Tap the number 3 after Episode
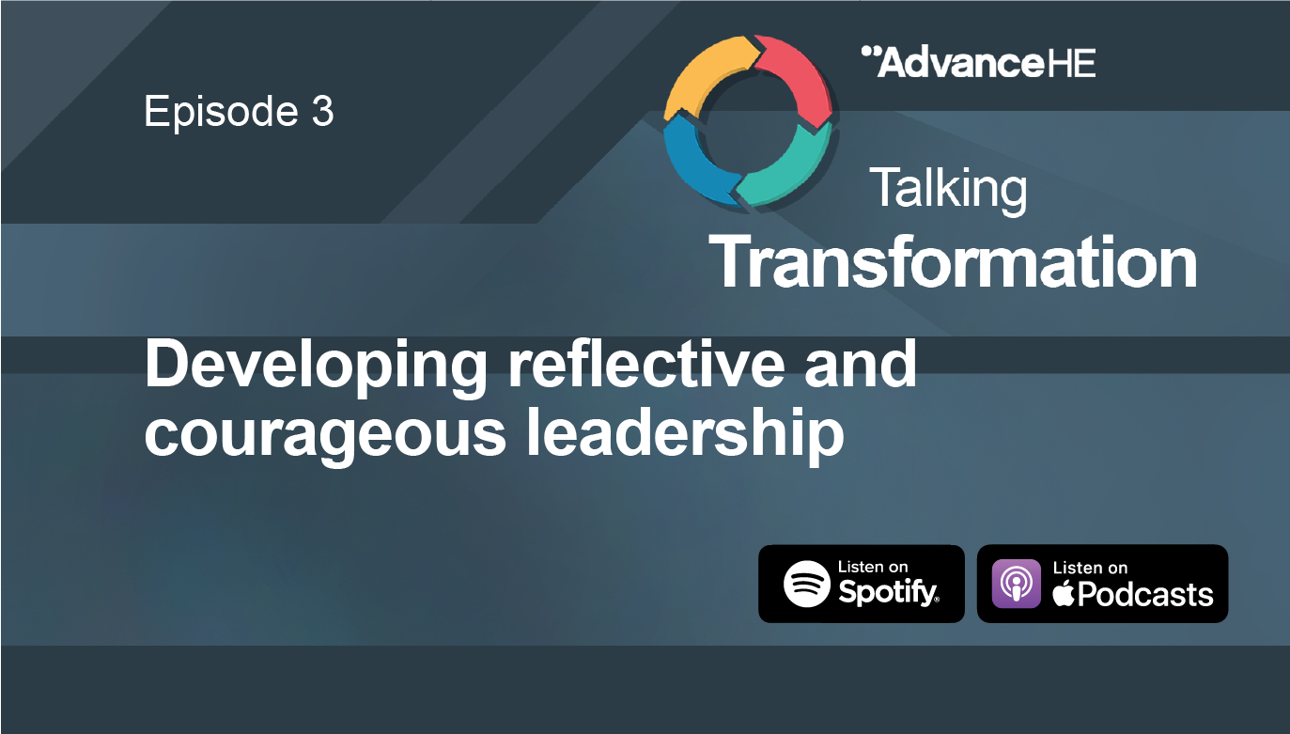coord(321,112)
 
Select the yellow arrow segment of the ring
coord(701,80)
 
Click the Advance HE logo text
coord(978,62)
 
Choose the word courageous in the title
coord(325,435)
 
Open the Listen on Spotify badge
coord(861,584)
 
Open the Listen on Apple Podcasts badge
coord(1102,584)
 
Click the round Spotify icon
coord(808,584)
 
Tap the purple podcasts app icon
coord(1017,584)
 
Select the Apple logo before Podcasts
coord(1063,594)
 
